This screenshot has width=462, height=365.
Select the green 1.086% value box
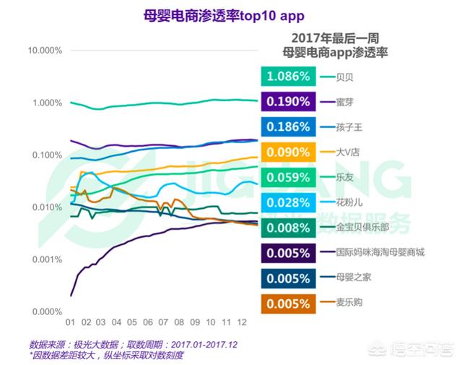coord(288,76)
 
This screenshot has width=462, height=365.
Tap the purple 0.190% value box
coord(288,101)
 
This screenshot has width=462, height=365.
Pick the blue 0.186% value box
coord(288,126)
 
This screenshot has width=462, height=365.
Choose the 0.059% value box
coord(288,177)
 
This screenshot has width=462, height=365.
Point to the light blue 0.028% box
coord(288,202)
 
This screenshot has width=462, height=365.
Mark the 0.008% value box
coord(288,228)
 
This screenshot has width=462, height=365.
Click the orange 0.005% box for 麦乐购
coord(288,304)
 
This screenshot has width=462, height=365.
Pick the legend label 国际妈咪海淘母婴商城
coord(380,253)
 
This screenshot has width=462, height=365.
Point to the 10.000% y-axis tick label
coord(45,51)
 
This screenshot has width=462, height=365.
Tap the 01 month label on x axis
coord(71,322)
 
